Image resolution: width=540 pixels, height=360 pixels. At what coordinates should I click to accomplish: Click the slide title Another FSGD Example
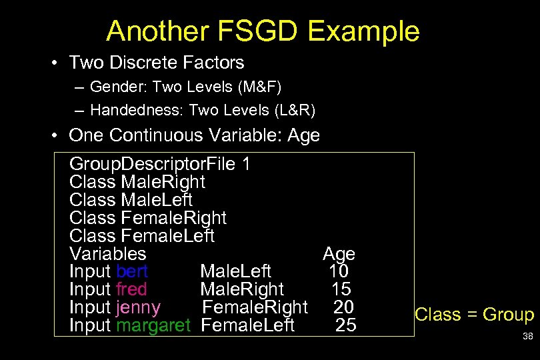click(263, 31)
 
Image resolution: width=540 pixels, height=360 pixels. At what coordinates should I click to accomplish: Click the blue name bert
click(132, 271)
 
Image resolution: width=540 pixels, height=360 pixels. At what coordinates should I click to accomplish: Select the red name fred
click(131, 289)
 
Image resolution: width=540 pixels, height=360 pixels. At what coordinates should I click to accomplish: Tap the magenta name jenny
click(138, 307)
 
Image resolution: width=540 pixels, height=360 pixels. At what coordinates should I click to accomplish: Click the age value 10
click(339, 271)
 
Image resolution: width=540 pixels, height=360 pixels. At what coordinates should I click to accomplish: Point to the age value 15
click(341, 289)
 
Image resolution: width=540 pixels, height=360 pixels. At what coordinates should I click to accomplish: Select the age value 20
click(343, 307)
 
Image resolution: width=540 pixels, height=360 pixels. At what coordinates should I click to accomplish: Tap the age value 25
click(346, 325)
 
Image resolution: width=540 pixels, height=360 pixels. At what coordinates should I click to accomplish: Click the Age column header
click(339, 254)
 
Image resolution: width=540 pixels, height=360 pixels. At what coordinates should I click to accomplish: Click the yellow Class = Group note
click(474, 315)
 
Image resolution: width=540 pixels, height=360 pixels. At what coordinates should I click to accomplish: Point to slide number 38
click(527, 337)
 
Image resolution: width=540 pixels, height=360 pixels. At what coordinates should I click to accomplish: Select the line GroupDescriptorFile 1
click(160, 164)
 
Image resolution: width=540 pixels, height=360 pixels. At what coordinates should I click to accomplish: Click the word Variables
click(107, 254)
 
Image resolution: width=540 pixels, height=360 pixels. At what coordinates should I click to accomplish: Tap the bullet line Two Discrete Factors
click(157, 63)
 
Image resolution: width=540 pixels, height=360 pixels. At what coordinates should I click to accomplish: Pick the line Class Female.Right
click(148, 218)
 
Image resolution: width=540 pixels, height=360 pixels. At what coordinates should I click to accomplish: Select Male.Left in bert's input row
click(235, 271)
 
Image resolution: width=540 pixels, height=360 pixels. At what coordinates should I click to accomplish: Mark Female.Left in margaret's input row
click(247, 325)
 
